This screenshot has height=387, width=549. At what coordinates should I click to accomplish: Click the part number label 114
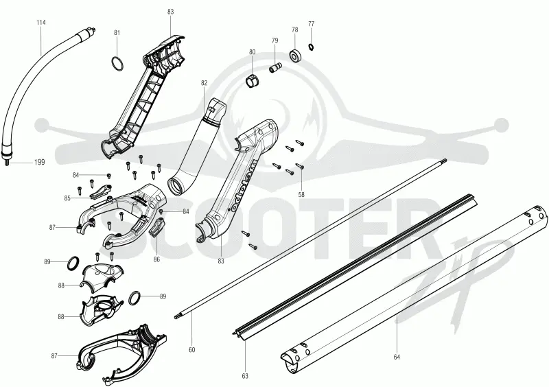coord(41,23)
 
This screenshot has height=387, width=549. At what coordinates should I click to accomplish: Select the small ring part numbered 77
coord(311,46)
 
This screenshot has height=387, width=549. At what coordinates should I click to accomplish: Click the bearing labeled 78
coord(296,56)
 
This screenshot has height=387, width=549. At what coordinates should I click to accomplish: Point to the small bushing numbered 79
coord(275,67)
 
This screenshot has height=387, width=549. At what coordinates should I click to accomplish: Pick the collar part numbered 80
coord(252,82)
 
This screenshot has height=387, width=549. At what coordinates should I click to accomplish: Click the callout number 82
coord(204,83)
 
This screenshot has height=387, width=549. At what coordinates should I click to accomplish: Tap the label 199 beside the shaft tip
coord(40,162)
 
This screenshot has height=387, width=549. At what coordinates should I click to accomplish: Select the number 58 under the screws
coord(301,195)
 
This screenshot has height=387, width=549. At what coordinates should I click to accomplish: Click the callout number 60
coord(192,349)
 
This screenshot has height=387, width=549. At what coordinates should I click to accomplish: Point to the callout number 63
coord(245,376)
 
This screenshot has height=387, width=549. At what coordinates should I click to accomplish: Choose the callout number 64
coord(397,357)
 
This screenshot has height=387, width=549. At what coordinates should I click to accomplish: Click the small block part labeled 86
coord(157,228)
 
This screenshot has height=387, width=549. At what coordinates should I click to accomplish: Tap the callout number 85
coord(67,198)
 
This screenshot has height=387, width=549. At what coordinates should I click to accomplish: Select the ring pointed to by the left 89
coord(73,263)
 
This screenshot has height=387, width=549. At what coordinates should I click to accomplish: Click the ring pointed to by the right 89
coord(135,297)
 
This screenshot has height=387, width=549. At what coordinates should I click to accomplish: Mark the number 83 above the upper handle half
coord(170,12)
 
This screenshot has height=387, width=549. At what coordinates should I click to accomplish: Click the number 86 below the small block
coord(156,259)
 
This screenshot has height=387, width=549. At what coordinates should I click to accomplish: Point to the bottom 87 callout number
coord(54,356)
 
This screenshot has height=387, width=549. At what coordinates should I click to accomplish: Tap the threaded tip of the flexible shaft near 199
coord(7,162)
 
